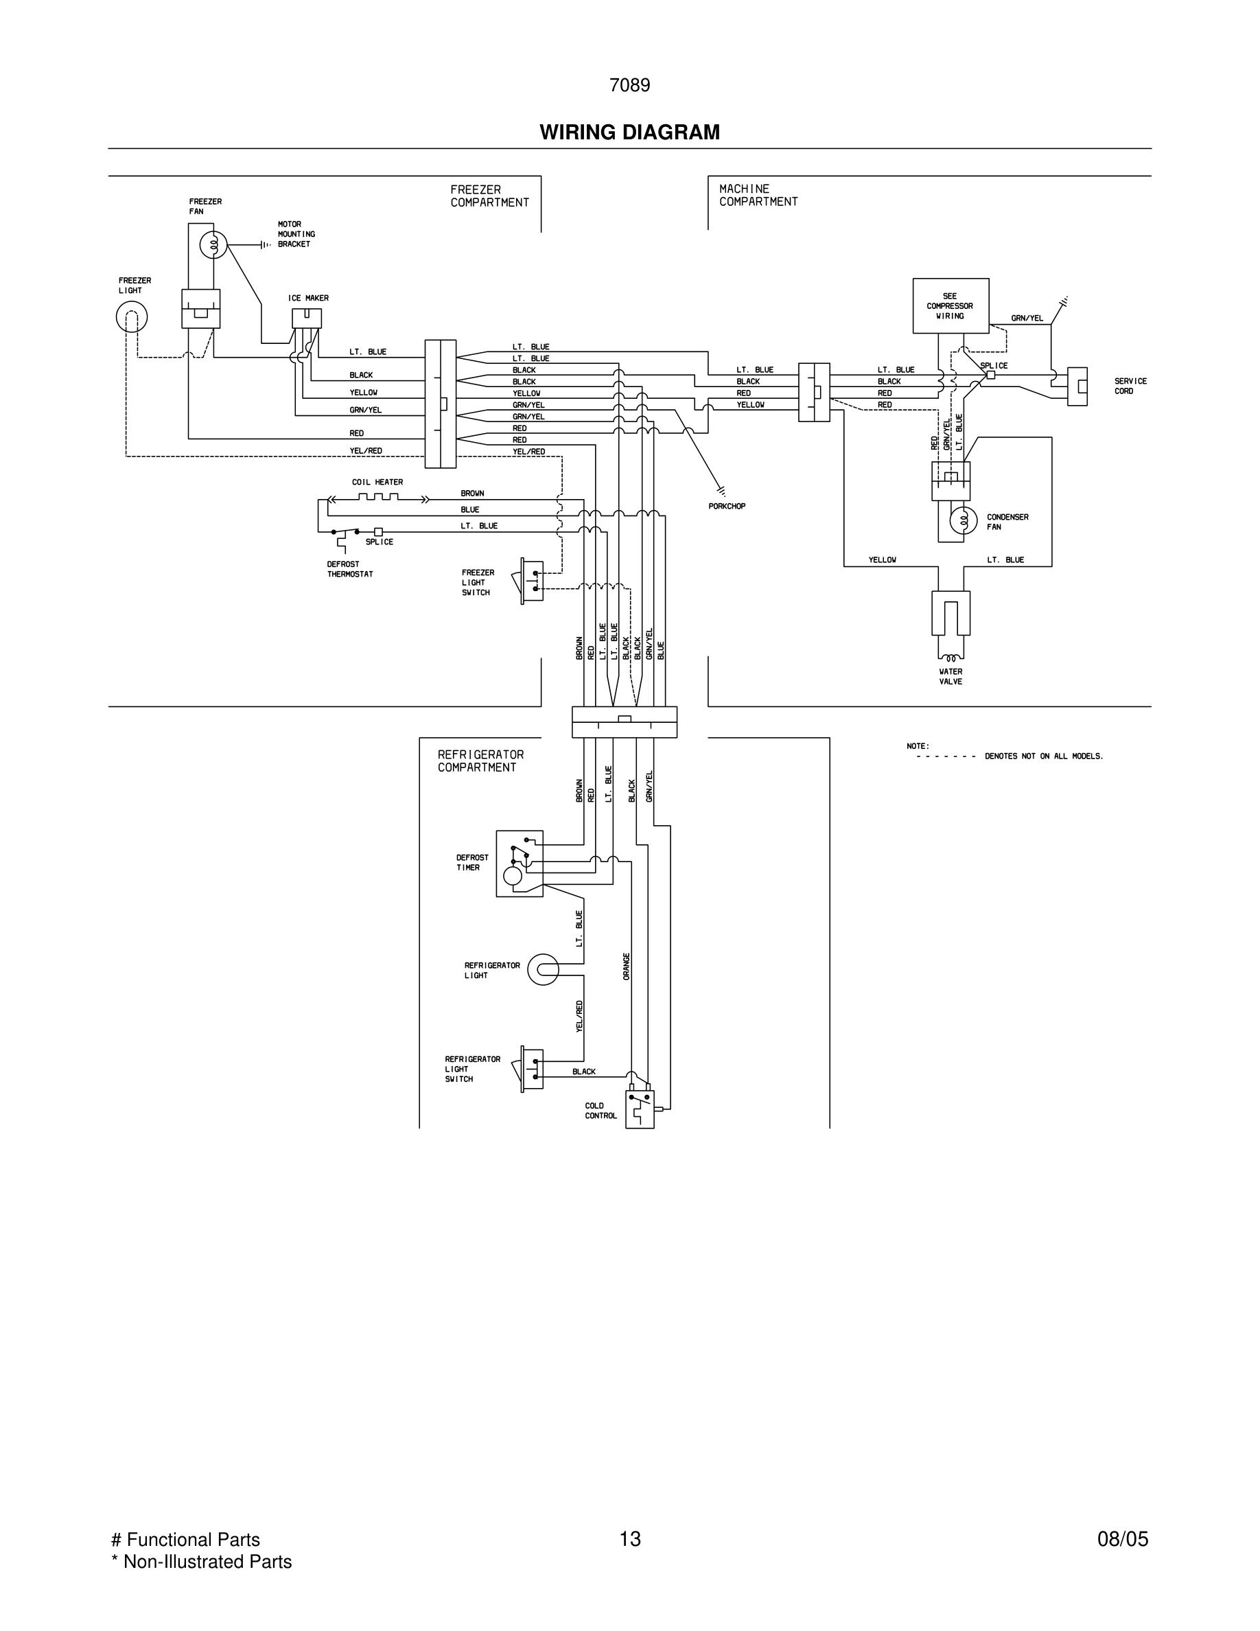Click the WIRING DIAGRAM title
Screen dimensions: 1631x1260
pyautogui.click(x=629, y=132)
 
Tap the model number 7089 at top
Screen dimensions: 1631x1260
pyautogui.click(x=629, y=85)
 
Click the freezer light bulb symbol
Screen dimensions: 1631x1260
pyautogui.click(x=131, y=317)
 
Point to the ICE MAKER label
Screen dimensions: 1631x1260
pyautogui.click(x=308, y=298)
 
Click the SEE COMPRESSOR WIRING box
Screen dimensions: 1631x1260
pyautogui.click(x=950, y=305)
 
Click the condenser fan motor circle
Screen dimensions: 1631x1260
pyautogui.click(x=963, y=520)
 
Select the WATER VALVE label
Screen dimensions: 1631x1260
pyautogui.click(x=950, y=677)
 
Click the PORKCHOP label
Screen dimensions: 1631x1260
pyautogui.click(x=726, y=507)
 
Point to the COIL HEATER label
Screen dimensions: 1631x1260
pyautogui.click(x=377, y=483)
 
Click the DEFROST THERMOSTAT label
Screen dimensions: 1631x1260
pyautogui.click(x=349, y=569)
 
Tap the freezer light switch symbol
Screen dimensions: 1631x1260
pyautogui.click(x=530, y=580)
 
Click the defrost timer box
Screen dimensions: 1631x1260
pyautogui.click(x=520, y=864)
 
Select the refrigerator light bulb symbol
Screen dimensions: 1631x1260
pyautogui.click(x=543, y=969)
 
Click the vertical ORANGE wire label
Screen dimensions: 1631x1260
pyautogui.click(x=627, y=967)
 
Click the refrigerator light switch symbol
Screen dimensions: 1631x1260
pyautogui.click(x=530, y=1069)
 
